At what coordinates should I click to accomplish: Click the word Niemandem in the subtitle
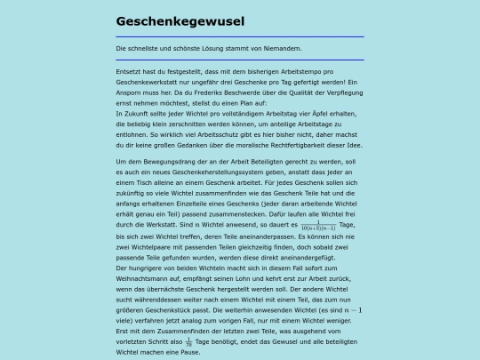(x=283, y=48)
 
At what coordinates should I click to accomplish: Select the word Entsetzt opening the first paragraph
(x=131, y=70)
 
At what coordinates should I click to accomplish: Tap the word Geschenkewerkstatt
(x=147, y=82)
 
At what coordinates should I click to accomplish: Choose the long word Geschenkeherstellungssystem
(x=206, y=172)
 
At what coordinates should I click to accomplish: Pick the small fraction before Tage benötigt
(x=188, y=340)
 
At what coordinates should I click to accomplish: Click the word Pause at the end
(x=192, y=351)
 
